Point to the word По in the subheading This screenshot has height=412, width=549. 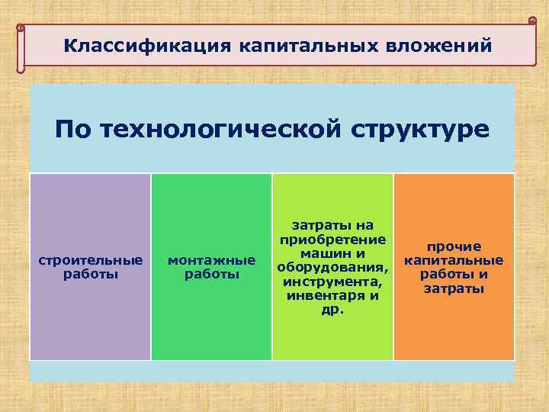click(x=74, y=129)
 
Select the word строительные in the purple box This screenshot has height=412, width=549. click(x=90, y=260)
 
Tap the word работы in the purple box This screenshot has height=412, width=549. click(x=90, y=274)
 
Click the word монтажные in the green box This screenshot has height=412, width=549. click(x=211, y=260)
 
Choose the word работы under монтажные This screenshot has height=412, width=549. click(x=211, y=274)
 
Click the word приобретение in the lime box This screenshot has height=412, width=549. click(x=332, y=239)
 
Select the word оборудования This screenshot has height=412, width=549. click(x=332, y=267)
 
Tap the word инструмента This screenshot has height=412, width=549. click(x=332, y=282)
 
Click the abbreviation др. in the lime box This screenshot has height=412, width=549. click(x=332, y=311)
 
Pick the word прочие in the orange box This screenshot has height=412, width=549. click(x=454, y=246)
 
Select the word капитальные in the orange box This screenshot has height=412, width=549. click(x=454, y=260)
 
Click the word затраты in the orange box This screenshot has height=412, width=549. click(x=454, y=289)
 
